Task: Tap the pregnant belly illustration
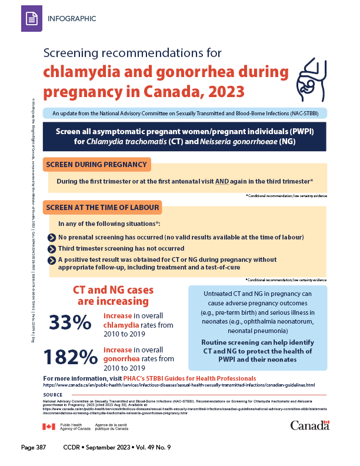[314, 78]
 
